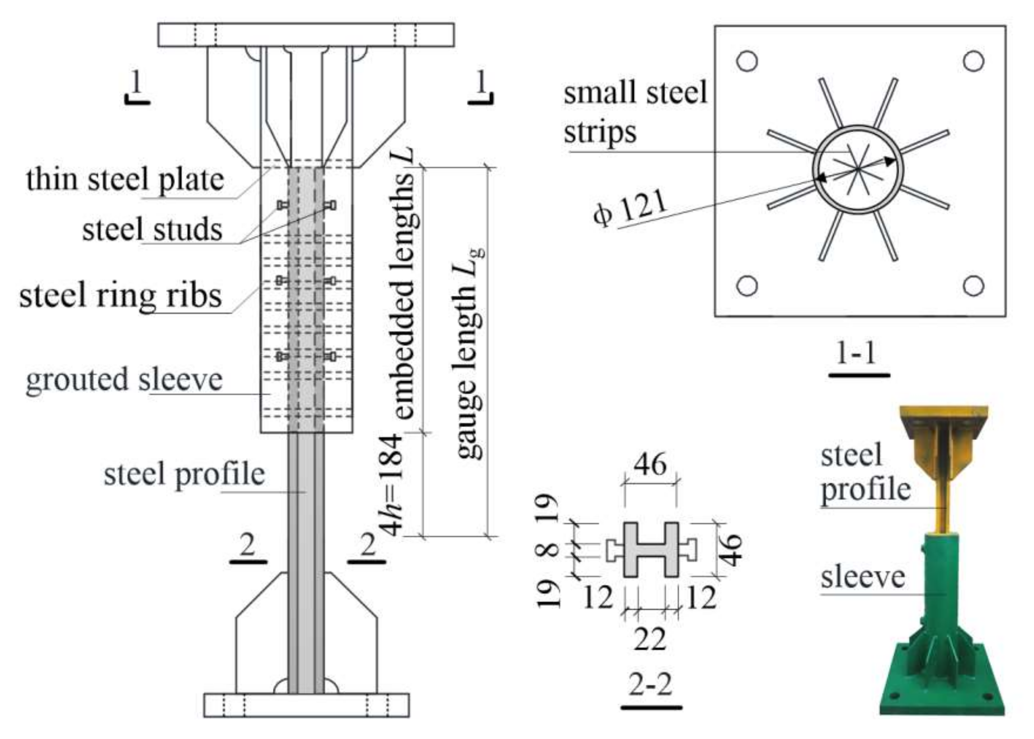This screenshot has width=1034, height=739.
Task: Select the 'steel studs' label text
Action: [152, 229]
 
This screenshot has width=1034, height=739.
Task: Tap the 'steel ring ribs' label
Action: [121, 295]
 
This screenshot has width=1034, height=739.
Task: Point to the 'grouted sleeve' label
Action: [124, 380]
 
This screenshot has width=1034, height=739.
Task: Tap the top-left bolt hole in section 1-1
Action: [747, 61]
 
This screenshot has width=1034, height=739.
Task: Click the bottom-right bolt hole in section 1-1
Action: [973, 286]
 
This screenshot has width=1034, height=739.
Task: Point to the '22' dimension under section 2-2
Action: [650, 639]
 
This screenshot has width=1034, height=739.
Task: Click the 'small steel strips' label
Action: [635, 112]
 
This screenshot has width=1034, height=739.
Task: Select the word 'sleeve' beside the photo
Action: [863, 577]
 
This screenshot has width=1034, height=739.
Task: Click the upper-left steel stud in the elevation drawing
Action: [281, 205]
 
